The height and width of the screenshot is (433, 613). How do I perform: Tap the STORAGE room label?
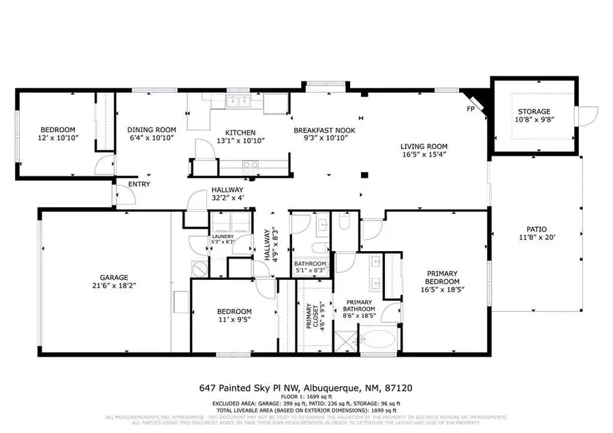click(533, 112)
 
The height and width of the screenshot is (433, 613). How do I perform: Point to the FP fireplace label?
click(470, 109)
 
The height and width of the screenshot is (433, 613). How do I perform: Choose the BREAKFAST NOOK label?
click(324, 130)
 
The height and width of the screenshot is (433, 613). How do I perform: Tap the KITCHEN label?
click(240, 132)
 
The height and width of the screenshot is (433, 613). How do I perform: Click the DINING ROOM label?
click(152, 130)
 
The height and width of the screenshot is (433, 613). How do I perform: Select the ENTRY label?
click(139, 185)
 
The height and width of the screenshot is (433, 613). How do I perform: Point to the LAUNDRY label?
click(222, 236)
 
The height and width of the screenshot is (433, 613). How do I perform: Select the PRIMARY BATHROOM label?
click(359, 306)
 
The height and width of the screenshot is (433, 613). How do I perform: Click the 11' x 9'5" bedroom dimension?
click(227, 322)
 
